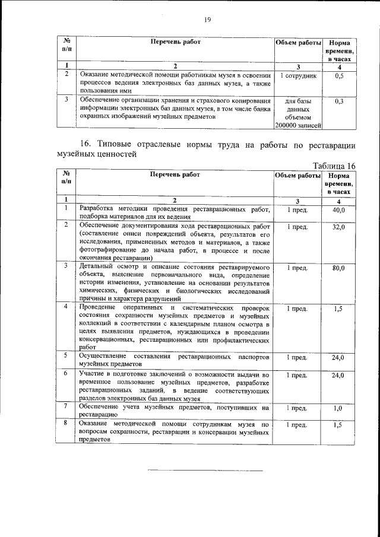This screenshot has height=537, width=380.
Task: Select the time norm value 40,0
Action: (x=338, y=211)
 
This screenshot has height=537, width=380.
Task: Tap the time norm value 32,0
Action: (x=338, y=227)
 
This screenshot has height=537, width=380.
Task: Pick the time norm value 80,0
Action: (x=338, y=268)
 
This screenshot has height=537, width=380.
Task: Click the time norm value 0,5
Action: (x=338, y=77)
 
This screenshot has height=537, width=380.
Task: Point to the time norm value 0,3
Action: (x=338, y=101)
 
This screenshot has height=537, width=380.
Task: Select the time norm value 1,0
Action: (x=338, y=408)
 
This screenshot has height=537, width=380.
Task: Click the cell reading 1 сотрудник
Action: (x=298, y=77)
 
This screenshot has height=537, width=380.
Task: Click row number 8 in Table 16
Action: (x=67, y=424)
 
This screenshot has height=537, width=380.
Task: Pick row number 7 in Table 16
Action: (x=67, y=407)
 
